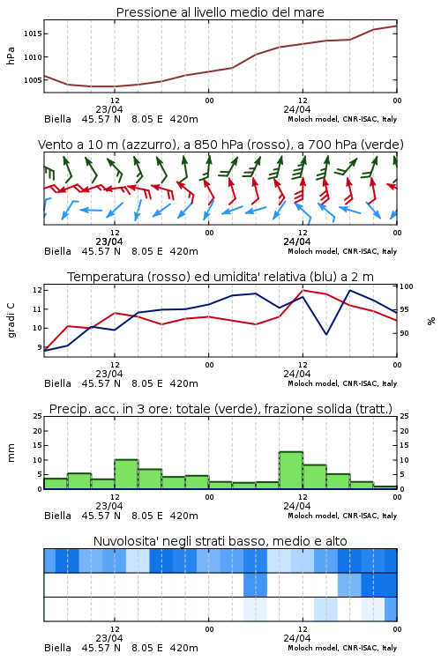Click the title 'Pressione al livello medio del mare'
(220, 12)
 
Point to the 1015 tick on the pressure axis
(33, 33)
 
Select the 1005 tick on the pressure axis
(33, 80)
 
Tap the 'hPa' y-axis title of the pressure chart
(11, 56)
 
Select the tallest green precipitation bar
(291, 471)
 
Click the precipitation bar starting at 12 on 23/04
(126, 474)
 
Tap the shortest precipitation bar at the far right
(385, 487)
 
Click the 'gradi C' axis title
(11, 320)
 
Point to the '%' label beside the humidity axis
(431, 321)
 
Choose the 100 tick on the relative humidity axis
(407, 286)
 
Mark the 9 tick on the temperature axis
(40, 347)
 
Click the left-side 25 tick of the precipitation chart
(38, 416)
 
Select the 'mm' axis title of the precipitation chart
(11, 453)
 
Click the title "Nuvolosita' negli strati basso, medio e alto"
(220, 541)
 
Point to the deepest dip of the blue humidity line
(326, 334)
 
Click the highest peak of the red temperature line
(303, 290)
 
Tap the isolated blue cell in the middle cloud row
(255, 584)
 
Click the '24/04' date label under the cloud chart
(297, 638)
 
